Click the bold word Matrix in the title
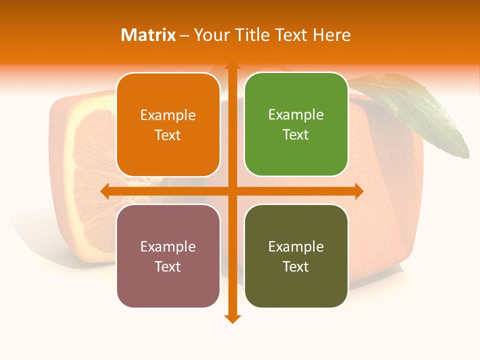[x=148, y=35]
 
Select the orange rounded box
[x=168, y=124]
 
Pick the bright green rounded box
[x=296, y=124]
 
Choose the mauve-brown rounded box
[x=168, y=256]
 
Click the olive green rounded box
[x=296, y=256]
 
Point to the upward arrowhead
[x=232, y=66]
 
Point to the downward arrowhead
[x=232, y=318]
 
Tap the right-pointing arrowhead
[x=358, y=191]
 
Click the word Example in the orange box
[x=168, y=115]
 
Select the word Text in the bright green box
[x=296, y=135]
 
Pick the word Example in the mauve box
[x=168, y=247]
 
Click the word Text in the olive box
[x=296, y=267]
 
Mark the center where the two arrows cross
[x=232, y=191]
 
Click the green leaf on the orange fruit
[x=415, y=110]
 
